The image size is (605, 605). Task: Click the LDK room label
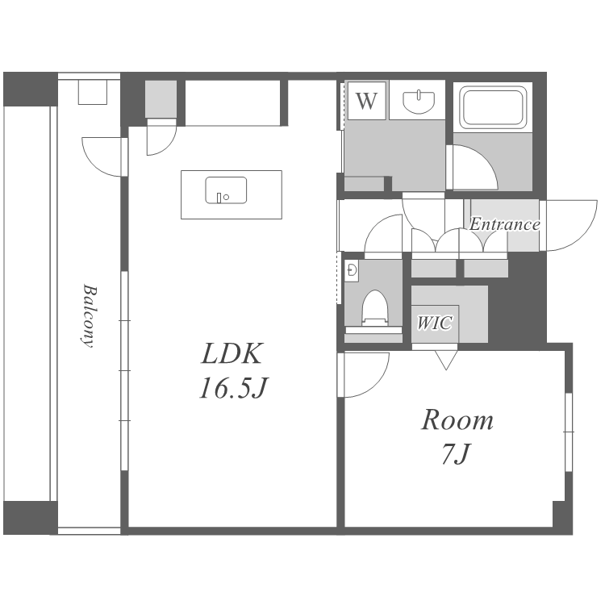click(x=232, y=353)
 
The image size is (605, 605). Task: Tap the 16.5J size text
click(x=233, y=387)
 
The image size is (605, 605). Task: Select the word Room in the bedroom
click(x=457, y=419)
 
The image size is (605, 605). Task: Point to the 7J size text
click(x=456, y=453)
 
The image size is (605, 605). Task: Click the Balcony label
click(x=89, y=316)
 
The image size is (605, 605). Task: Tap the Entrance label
click(x=504, y=224)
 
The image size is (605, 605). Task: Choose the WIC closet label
click(x=435, y=323)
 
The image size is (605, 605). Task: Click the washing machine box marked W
click(x=366, y=101)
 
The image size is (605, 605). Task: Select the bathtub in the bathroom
click(x=493, y=108)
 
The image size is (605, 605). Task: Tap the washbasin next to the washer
click(x=419, y=102)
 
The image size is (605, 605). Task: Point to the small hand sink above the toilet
click(x=352, y=270)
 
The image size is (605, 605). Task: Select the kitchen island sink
click(x=226, y=190)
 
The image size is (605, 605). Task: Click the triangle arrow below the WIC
click(x=446, y=360)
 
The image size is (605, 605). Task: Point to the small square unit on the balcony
click(x=93, y=92)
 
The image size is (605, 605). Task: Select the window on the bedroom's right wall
click(x=569, y=432)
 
